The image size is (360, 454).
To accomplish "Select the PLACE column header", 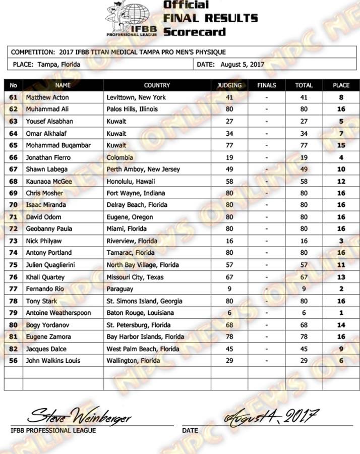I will pos(341,85).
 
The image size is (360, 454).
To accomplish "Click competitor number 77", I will pos(14,289).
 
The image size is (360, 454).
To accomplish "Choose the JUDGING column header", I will pos(229,85).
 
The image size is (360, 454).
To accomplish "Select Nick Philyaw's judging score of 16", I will pos(229,241).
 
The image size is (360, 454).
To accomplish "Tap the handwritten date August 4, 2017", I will pos(272,417).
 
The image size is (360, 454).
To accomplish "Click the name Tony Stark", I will pos(41,301).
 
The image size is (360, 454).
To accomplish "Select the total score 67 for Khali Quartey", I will pos(304,277).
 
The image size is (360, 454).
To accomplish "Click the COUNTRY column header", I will pos(157,85).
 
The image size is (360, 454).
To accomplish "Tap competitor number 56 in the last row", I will pos(14,361).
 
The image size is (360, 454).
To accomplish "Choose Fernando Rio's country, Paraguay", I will pos(120,289).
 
